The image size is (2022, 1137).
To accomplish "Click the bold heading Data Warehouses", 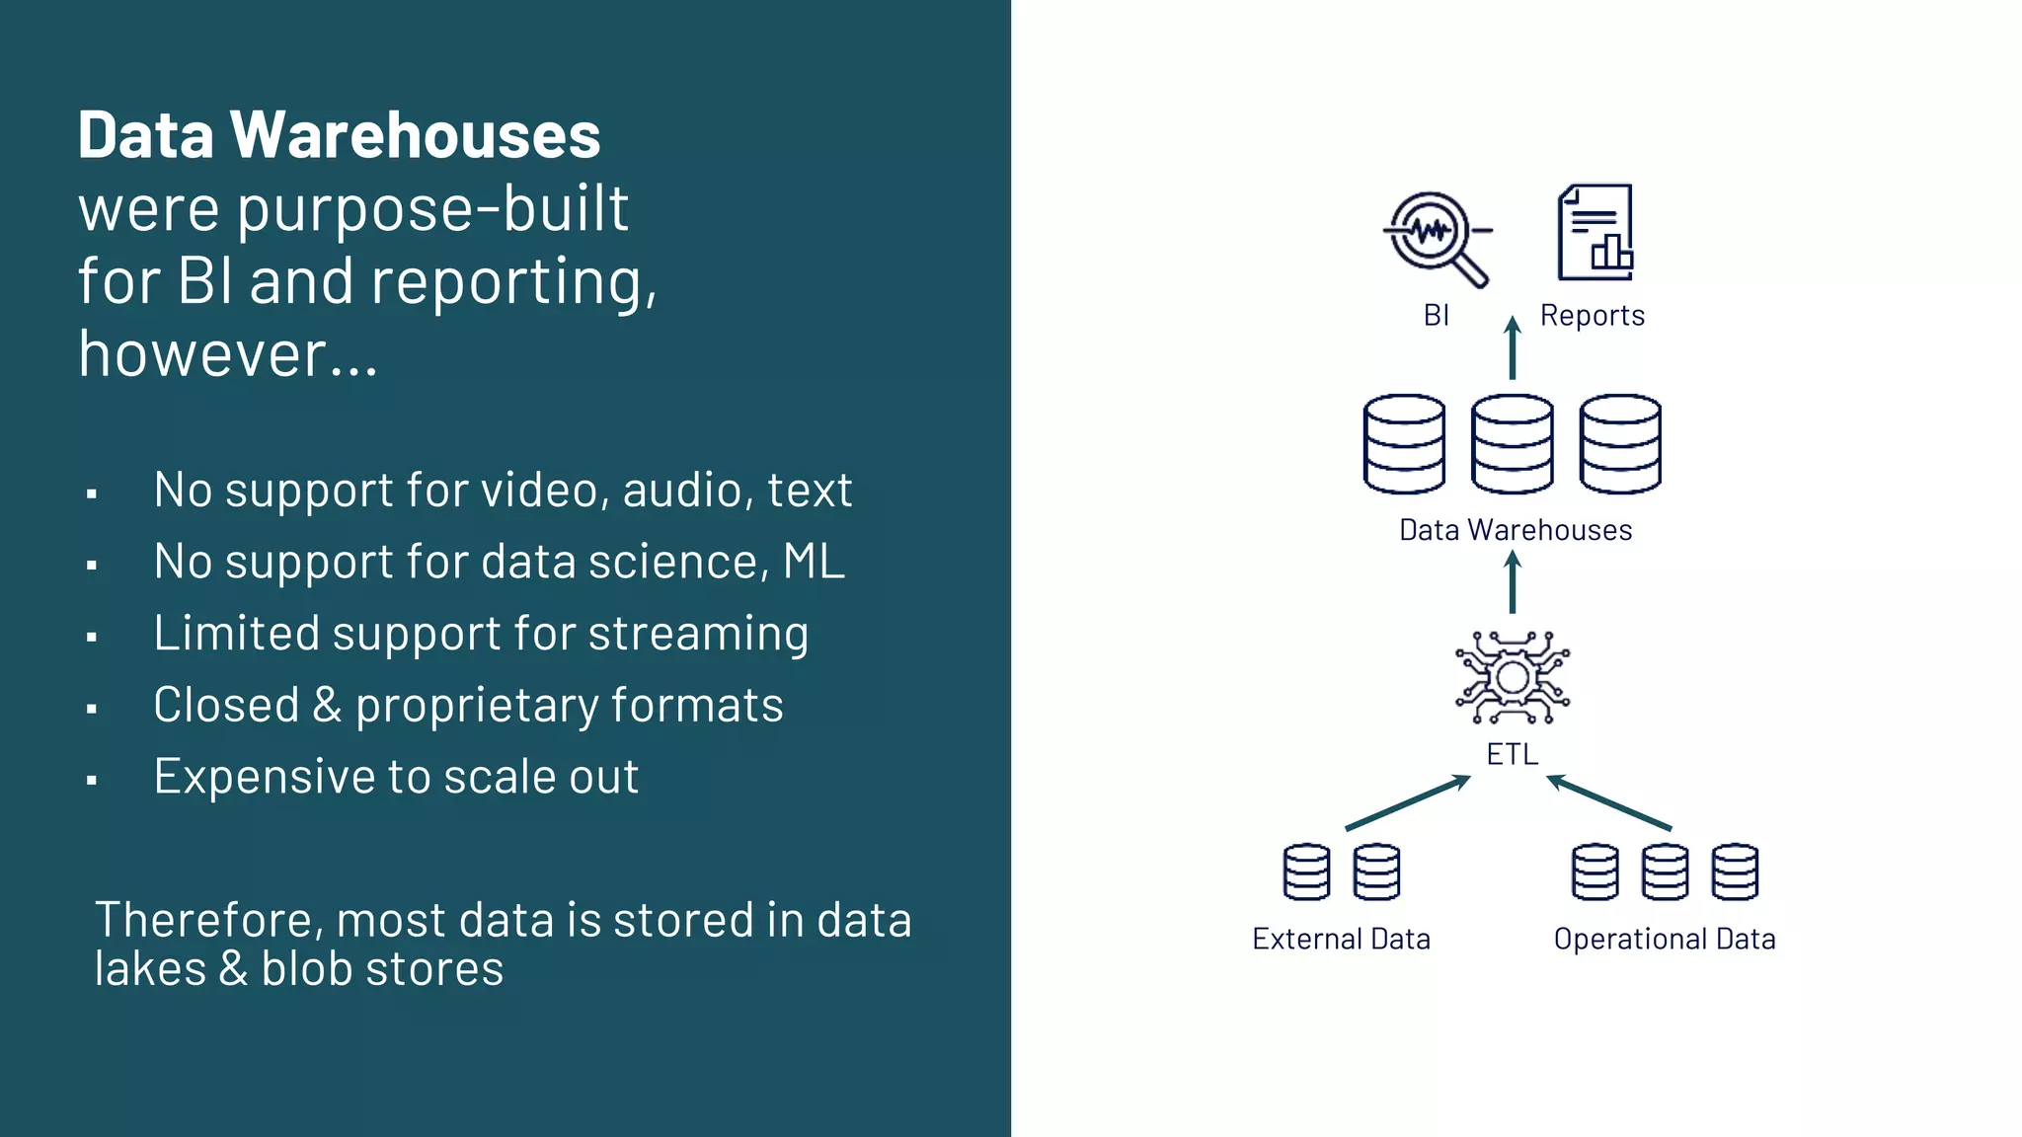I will tap(339, 135).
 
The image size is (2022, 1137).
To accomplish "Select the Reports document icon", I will tap(1594, 233).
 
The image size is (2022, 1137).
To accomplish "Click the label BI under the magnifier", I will tap(1436, 316).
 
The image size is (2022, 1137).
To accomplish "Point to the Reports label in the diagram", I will tap(1592, 316).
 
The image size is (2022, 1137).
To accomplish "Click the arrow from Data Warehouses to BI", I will tap(1512, 347).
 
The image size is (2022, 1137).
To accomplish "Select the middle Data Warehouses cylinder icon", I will tap(1512, 444).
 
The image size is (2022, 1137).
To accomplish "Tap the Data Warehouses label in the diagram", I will tap(1515, 530).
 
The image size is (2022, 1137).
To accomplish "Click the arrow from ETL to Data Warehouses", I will tap(1512, 582).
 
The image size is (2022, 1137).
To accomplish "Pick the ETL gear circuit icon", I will tap(1512, 678).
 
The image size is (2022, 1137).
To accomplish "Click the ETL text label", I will tap(1512, 754).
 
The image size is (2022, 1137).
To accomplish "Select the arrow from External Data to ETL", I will tap(1408, 802).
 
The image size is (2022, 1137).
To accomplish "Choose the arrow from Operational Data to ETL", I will tap(1608, 802).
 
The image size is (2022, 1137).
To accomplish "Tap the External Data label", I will tap(1341, 939).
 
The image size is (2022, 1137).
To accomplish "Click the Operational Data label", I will tap(1664, 939).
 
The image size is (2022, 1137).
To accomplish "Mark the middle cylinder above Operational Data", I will tap(1665, 872).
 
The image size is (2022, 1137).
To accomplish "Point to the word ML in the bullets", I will tap(814, 562).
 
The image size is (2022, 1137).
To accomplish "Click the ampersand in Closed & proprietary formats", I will tap(327, 706).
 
